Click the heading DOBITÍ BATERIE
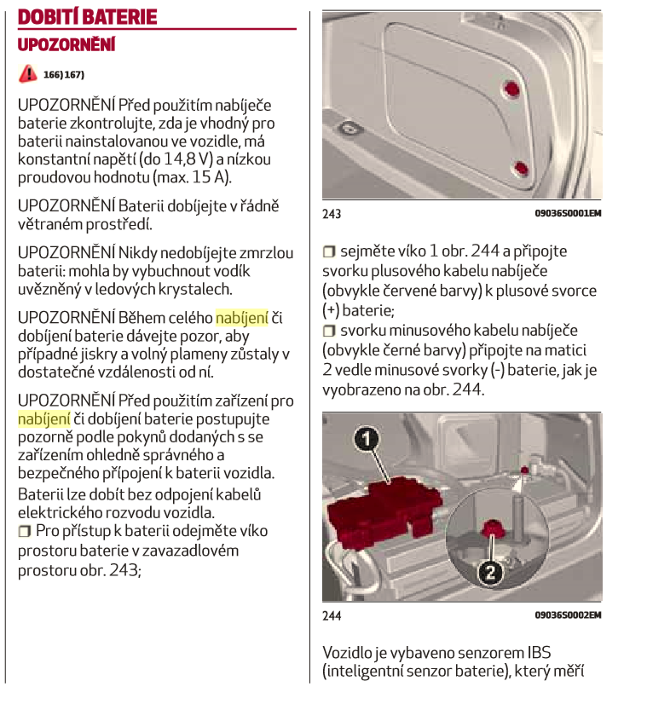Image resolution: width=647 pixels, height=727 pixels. point(87,17)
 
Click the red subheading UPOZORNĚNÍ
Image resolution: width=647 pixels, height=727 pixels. point(66,45)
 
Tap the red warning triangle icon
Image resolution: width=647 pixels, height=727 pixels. point(28,73)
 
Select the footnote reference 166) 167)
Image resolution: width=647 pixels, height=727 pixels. point(64,75)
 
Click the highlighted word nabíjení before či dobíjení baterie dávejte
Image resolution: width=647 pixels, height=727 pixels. point(241,318)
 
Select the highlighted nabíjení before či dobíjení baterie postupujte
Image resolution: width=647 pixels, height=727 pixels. point(44,419)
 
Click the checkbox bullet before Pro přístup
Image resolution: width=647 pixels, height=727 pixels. point(24,531)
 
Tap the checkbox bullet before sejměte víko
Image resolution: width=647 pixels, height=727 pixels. point(329,251)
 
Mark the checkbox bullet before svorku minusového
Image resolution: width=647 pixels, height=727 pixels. point(329,331)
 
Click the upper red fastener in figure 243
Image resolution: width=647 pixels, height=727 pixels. point(511,89)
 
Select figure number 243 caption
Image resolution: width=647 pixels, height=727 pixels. point(332,214)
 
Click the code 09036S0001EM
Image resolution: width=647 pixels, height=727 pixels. point(569,213)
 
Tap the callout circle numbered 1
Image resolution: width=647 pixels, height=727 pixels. point(367,439)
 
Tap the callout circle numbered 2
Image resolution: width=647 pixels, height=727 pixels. point(490,573)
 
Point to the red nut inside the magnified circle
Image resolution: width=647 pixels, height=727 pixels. point(491,528)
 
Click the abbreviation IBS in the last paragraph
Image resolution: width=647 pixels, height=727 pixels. point(539,653)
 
